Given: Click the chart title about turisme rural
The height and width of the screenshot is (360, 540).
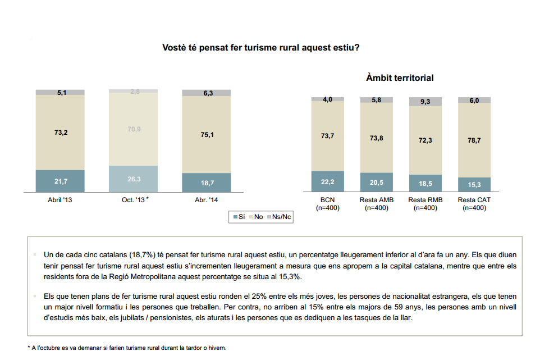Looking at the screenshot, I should pyautogui.click(x=261, y=48).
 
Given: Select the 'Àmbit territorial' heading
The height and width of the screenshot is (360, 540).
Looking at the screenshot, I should pyautogui.click(x=400, y=78).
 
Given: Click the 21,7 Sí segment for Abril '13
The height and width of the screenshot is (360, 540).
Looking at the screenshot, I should pyautogui.click(x=60, y=181).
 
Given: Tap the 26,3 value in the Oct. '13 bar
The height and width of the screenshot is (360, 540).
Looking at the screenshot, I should pyautogui.click(x=133, y=179).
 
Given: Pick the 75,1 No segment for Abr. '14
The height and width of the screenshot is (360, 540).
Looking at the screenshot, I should pyautogui.click(x=206, y=134).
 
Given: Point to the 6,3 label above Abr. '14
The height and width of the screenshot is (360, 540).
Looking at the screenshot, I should pyautogui.click(x=206, y=93).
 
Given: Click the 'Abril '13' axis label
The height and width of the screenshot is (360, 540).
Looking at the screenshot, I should pyautogui.click(x=60, y=199).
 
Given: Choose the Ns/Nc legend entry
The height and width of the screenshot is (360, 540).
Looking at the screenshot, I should pyautogui.click(x=281, y=216).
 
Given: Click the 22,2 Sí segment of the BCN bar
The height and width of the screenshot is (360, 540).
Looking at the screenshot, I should pyautogui.click(x=328, y=181).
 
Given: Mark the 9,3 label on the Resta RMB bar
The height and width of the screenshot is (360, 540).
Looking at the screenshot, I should pyautogui.click(x=425, y=102).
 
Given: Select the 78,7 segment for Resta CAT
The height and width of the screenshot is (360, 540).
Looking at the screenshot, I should pyautogui.click(x=474, y=140).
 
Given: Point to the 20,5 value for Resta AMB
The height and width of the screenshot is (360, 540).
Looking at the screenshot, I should pyautogui.click(x=377, y=183).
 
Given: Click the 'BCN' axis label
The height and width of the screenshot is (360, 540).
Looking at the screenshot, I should pyautogui.click(x=328, y=200).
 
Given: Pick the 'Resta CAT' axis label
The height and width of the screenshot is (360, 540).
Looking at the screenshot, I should pyautogui.click(x=474, y=200).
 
